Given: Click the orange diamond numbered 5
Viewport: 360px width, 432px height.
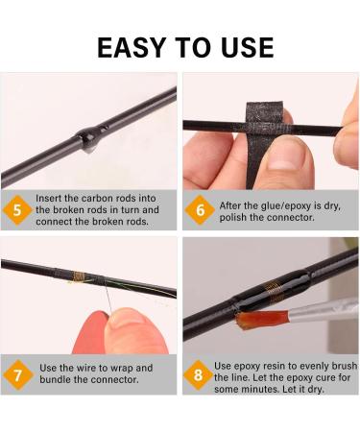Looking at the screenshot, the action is click(17, 210).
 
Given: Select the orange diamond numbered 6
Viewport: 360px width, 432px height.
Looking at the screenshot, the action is click(200, 210).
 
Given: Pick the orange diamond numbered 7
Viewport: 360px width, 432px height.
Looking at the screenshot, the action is click(17, 374).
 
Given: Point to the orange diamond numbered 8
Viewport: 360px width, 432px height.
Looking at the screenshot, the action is click(199, 374).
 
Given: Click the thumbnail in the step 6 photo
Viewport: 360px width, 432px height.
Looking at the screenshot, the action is click(283, 157).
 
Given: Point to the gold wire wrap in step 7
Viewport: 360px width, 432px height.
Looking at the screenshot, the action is click(79, 276).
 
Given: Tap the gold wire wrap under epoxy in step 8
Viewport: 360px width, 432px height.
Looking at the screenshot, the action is click(274, 291).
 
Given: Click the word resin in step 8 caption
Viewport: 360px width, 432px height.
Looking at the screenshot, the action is click(277, 366).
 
